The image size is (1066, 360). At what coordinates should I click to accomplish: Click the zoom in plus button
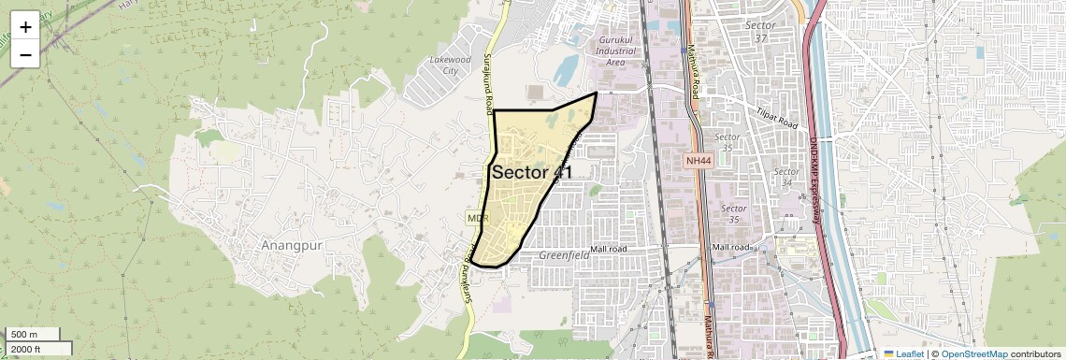25,27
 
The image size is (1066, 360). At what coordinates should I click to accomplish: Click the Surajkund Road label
487,83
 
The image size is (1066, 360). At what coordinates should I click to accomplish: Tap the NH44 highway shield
698,161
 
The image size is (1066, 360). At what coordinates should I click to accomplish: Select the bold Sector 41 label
531,172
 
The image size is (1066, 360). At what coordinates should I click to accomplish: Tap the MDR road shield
478,218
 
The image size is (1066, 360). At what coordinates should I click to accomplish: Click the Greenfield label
565,254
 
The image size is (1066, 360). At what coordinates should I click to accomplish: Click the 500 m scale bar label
24,335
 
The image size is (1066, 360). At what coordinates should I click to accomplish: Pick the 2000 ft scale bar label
26,349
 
